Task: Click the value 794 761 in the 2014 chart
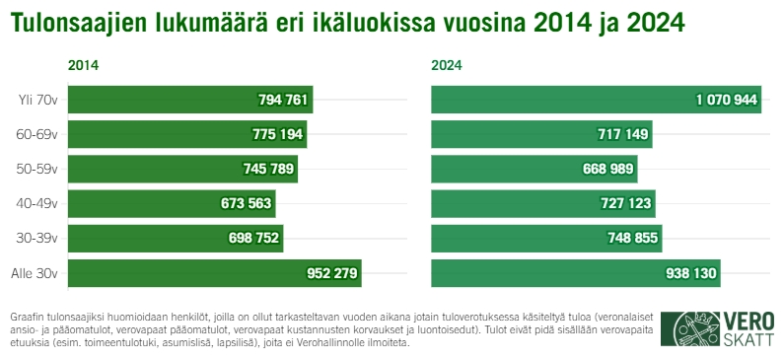[x=283, y=100]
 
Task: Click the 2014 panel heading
[x=83, y=66]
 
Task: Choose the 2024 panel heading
[x=447, y=66]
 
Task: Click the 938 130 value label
[x=684, y=273]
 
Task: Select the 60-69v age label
[x=38, y=134]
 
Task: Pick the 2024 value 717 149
[x=623, y=134]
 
